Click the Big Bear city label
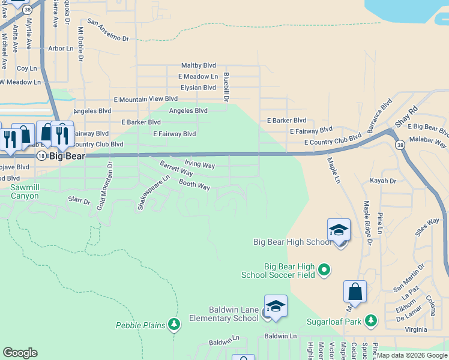click(67, 156)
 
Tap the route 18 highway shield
click(41, 155)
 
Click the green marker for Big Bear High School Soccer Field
click(324, 270)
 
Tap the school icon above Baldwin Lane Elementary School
click(276, 307)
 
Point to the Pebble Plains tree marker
click(174, 325)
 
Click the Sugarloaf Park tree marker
click(371, 321)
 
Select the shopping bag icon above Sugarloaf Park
click(355, 292)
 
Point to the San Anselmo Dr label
click(108, 30)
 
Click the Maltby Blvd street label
click(198, 65)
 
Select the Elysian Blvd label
click(197, 88)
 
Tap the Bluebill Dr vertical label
click(226, 87)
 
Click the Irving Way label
click(199, 164)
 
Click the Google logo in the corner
click(20, 353)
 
